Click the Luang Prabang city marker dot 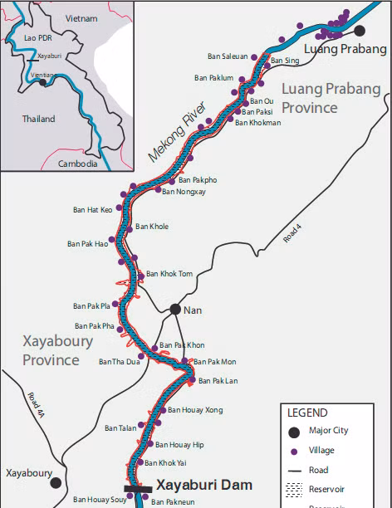pos(360,31)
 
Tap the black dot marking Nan pos(175,309)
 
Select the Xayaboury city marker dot pos(56,482)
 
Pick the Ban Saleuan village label pos(228,56)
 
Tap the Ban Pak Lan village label pos(218,381)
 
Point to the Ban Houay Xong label pos(195,410)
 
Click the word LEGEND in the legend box pos(307,413)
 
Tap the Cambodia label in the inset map pos(78,164)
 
